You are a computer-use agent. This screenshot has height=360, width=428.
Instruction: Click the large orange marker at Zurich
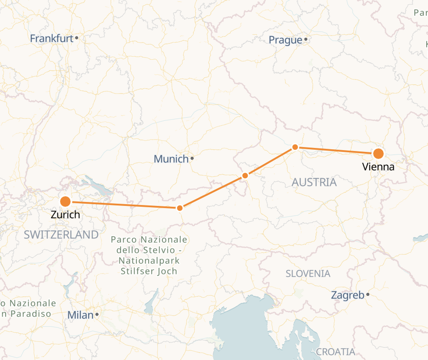pyautogui.click(x=65, y=202)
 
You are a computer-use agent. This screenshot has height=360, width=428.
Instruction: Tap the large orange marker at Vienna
pyautogui.click(x=378, y=154)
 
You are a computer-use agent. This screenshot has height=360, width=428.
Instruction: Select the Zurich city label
pyautogui.click(x=65, y=215)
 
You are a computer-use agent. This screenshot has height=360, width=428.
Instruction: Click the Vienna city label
pyautogui.click(x=378, y=167)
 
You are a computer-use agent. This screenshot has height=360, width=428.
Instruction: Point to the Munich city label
pyautogui.click(x=171, y=159)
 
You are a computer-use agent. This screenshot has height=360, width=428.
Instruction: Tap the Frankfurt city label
pyautogui.click(x=51, y=39)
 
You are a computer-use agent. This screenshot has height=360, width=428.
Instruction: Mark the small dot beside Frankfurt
pyautogui.click(x=77, y=38)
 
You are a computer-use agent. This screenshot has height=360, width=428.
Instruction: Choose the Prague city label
pyautogui.click(x=285, y=40)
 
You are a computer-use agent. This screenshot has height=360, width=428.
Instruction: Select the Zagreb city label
pyautogui.click(x=347, y=295)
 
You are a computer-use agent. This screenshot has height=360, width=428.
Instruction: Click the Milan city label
pyautogui.click(x=80, y=315)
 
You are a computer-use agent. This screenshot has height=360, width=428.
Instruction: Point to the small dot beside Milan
pyautogui.click(x=97, y=314)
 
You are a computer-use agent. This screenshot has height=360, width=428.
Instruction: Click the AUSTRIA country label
pyautogui.click(x=314, y=182)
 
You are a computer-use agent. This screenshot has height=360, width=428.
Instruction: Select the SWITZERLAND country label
pyautogui.click(x=61, y=234)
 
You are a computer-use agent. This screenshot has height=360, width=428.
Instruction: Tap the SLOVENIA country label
pyautogui.click(x=308, y=274)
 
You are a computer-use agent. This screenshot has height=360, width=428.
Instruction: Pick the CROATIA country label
pyautogui.click(x=335, y=352)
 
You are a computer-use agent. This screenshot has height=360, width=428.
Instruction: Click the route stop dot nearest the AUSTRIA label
pyautogui.click(x=295, y=147)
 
